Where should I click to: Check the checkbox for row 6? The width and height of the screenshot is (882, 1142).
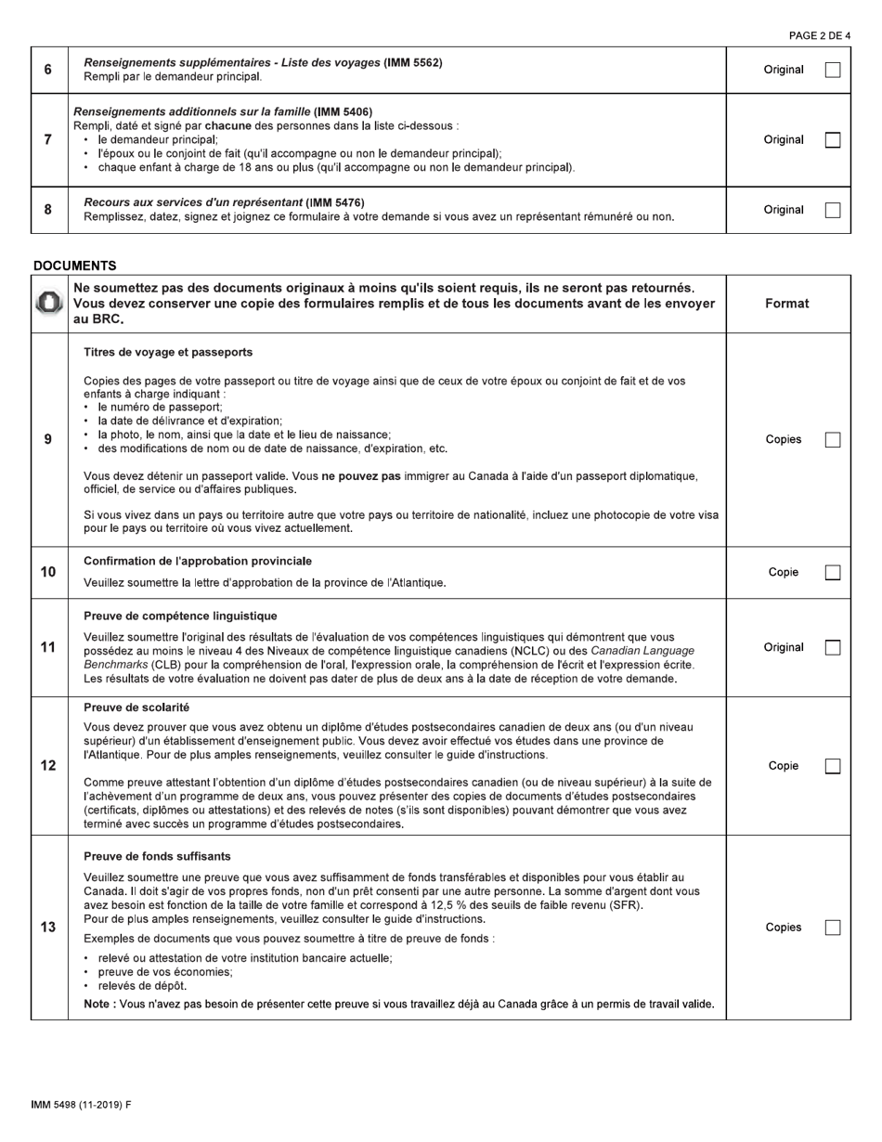833,70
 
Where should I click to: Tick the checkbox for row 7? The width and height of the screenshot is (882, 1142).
833,140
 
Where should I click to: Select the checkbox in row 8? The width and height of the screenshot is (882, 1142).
833,210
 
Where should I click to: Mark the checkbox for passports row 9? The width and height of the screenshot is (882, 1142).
833,440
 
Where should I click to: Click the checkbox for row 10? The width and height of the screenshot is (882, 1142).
833,573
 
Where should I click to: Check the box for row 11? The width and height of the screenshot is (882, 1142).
833,648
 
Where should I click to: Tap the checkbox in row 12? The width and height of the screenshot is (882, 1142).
833,766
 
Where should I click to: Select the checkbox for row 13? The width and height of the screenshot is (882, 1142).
833,928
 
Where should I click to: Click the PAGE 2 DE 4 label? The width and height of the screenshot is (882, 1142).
819,36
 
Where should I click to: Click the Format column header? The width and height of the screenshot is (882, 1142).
786,304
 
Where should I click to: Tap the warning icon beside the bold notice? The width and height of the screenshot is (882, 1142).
49,304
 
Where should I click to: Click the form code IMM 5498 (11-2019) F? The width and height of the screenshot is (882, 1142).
81,1105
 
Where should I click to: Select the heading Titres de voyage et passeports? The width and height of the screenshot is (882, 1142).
168,353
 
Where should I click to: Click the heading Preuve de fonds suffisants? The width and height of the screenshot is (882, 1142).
157,856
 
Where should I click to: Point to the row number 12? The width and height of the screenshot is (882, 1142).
48,766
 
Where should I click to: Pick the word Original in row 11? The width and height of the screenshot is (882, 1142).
784,648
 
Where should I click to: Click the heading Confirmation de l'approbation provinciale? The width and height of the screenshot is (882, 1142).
198,561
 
